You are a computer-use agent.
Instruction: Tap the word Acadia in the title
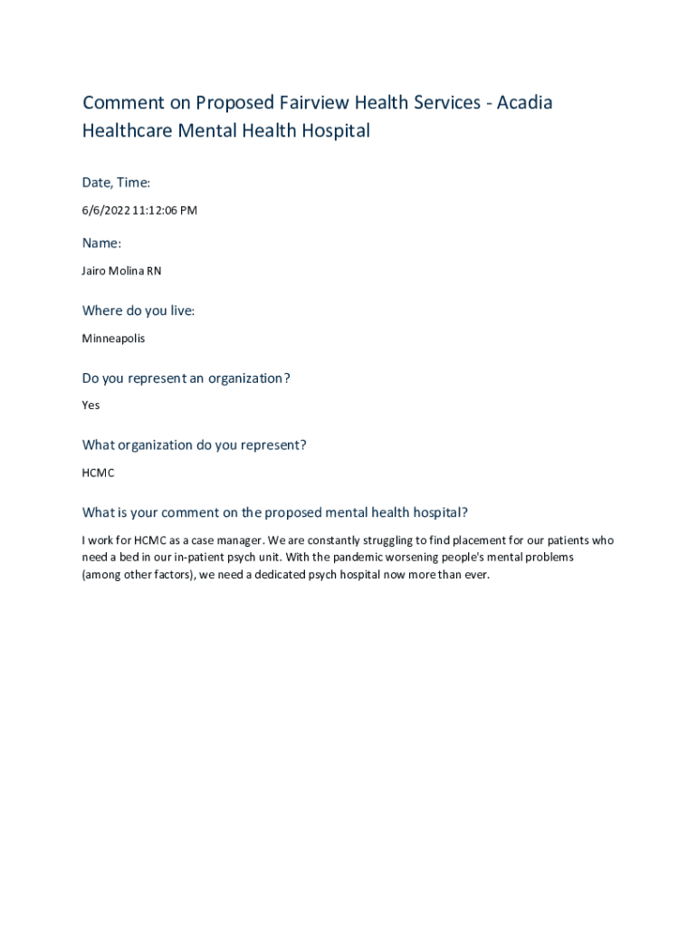pyautogui.click(x=523, y=102)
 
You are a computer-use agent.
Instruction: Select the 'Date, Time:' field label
pyautogui.click(x=117, y=183)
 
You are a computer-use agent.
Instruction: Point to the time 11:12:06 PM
pyautogui.click(x=165, y=211)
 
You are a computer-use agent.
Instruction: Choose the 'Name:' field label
pyautogui.click(x=101, y=243)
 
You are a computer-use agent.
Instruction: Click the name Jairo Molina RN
pyautogui.click(x=122, y=271)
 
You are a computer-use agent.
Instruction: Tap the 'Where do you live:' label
pyautogui.click(x=138, y=311)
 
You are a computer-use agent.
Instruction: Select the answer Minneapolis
pyautogui.click(x=113, y=339)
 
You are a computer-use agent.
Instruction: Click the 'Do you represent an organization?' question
pyautogui.click(x=186, y=378)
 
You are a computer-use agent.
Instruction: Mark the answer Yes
pyautogui.click(x=91, y=406)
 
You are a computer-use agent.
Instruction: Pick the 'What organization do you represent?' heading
pyautogui.click(x=195, y=445)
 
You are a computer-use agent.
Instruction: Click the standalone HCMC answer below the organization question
pyautogui.click(x=99, y=473)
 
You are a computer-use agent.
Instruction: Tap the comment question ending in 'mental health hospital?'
pyautogui.click(x=275, y=512)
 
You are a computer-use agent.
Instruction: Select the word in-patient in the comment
pyautogui.click(x=204, y=557)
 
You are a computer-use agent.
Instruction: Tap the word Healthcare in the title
pyautogui.click(x=127, y=130)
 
